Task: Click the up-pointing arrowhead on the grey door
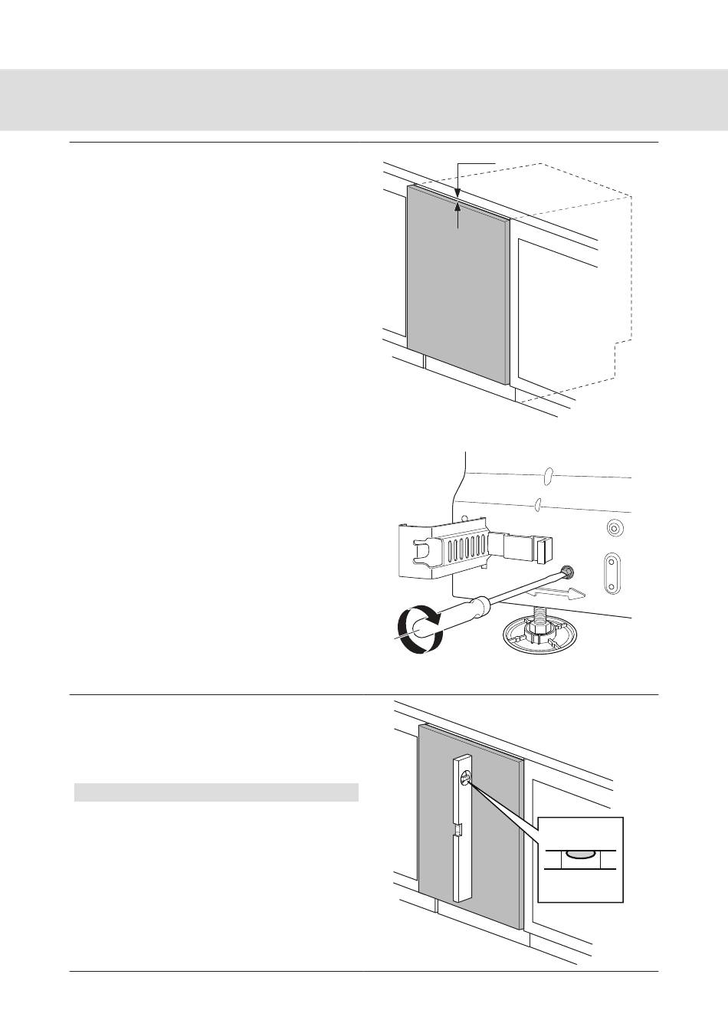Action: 457,204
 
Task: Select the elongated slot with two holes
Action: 612,572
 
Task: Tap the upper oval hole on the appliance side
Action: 546,477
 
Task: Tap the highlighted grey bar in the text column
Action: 216,792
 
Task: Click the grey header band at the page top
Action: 364,100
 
